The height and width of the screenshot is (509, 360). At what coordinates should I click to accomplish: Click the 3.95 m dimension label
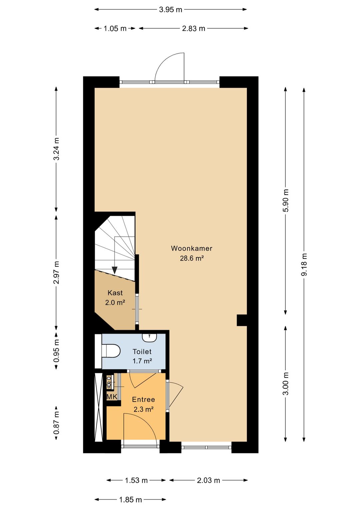(x=171, y=10)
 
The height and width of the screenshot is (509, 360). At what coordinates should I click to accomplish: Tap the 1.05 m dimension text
(x=115, y=29)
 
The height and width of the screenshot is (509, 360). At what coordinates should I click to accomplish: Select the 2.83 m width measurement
(x=194, y=29)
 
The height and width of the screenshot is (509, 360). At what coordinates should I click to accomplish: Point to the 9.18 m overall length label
(x=304, y=265)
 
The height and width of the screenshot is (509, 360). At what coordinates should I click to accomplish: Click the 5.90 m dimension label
(x=286, y=201)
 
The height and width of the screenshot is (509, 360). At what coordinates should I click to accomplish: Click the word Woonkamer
(x=191, y=248)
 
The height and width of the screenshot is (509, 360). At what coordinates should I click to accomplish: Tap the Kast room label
(x=115, y=293)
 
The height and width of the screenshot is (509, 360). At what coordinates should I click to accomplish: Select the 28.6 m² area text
(x=191, y=259)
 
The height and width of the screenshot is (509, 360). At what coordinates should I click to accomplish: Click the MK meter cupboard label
(x=112, y=397)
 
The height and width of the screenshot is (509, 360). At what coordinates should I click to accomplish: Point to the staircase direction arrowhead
(x=115, y=270)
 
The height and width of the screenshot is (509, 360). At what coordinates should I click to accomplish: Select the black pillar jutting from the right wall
(x=242, y=320)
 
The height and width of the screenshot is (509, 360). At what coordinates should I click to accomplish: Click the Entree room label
(x=143, y=400)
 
